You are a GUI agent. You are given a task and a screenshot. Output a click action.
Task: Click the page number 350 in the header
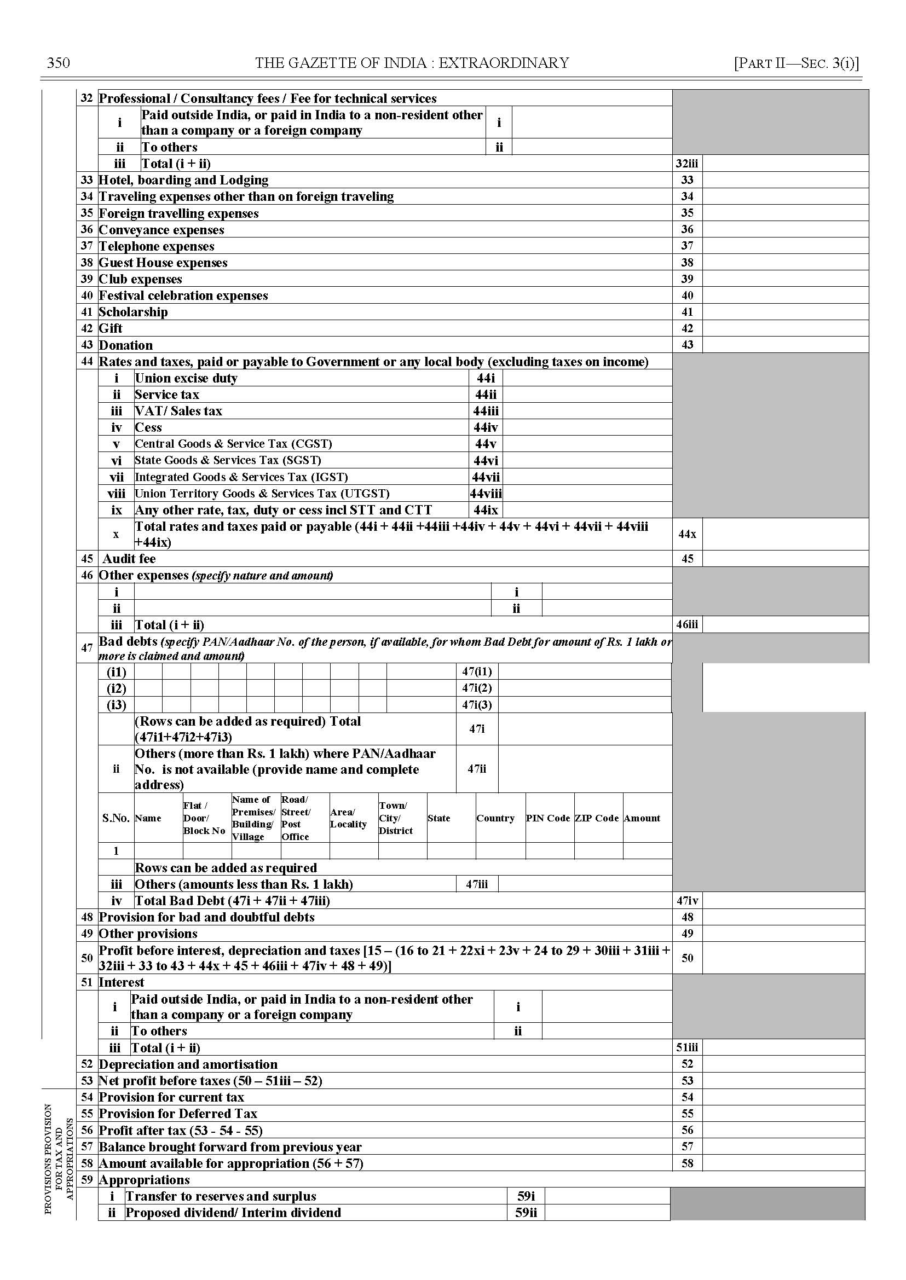[59, 62]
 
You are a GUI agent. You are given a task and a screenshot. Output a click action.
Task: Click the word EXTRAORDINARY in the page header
[503, 62]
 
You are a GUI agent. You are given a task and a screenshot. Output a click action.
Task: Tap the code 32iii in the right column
[686, 164]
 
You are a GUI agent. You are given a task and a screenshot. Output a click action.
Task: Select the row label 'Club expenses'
[141, 279]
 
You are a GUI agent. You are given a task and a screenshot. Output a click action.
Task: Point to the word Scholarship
[134, 312]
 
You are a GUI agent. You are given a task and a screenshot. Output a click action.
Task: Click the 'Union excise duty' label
[186, 378]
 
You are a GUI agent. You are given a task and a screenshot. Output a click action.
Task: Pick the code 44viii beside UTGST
[486, 493]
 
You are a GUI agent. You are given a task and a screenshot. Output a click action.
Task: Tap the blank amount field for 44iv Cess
[587, 427]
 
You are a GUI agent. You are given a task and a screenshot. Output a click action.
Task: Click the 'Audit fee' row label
[129, 559]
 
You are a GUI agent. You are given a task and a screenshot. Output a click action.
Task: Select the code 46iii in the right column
[686, 624]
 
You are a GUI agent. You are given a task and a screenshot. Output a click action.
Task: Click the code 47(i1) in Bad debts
[477, 671]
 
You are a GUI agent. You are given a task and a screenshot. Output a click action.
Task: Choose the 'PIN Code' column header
[548, 818]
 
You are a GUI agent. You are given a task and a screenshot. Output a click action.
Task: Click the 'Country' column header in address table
[495, 818]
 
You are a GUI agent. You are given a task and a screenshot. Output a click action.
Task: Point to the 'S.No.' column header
[116, 818]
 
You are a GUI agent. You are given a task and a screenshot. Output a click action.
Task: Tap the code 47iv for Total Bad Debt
[686, 901]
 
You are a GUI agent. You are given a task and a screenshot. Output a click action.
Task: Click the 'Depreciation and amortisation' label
[188, 1064]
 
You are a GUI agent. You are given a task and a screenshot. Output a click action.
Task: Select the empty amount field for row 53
[783, 1081]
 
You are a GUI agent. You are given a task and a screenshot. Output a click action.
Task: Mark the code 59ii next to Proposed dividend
[526, 1213]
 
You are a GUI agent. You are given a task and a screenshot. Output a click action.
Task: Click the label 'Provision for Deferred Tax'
[178, 1114]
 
